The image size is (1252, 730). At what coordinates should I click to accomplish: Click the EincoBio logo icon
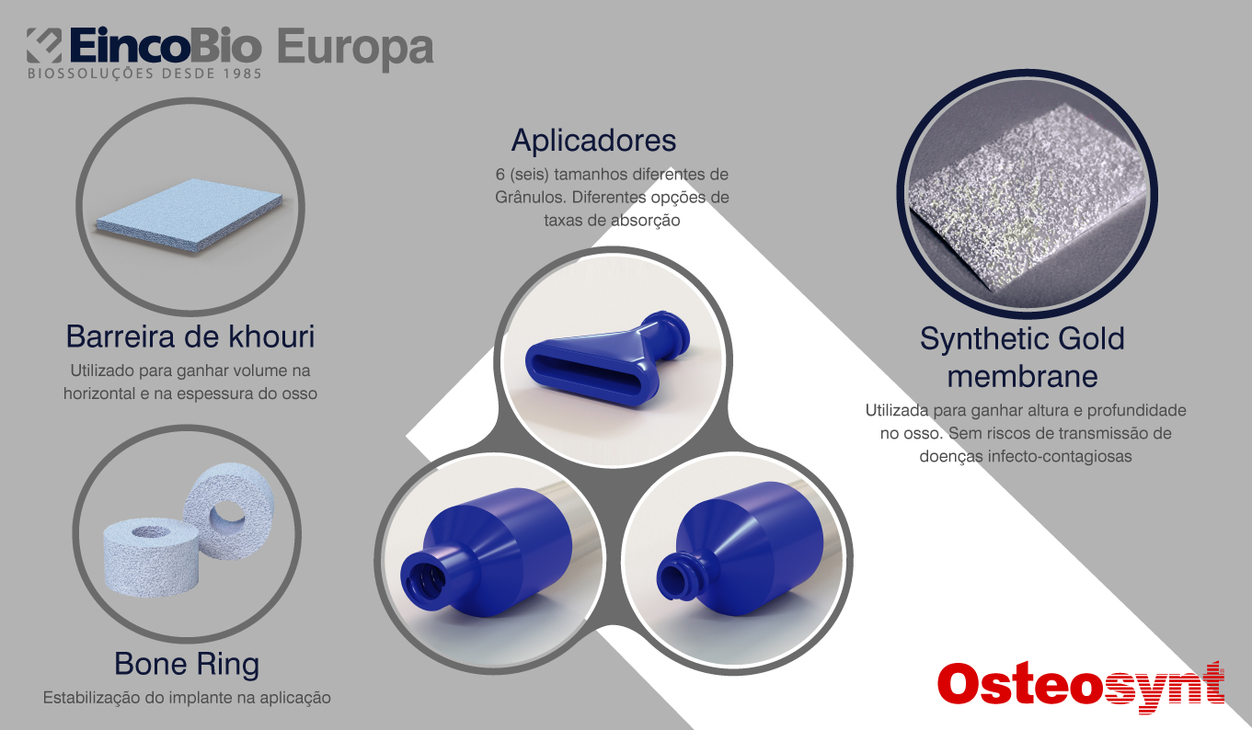pos(44,45)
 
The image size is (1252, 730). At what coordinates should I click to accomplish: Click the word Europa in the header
pos(355,49)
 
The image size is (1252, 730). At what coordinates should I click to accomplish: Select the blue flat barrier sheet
pos(190,214)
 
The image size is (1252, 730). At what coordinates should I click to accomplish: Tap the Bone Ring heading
pos(187,664)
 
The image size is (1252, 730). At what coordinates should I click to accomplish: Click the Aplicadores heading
pos(593,140)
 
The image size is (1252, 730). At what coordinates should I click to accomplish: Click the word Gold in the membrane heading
pos(1091,338)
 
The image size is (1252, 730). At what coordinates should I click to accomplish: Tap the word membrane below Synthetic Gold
pos(1022,376)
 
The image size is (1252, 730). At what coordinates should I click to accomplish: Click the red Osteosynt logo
pos(1081,686)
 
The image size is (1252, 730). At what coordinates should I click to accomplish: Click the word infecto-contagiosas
pos(1060,456)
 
